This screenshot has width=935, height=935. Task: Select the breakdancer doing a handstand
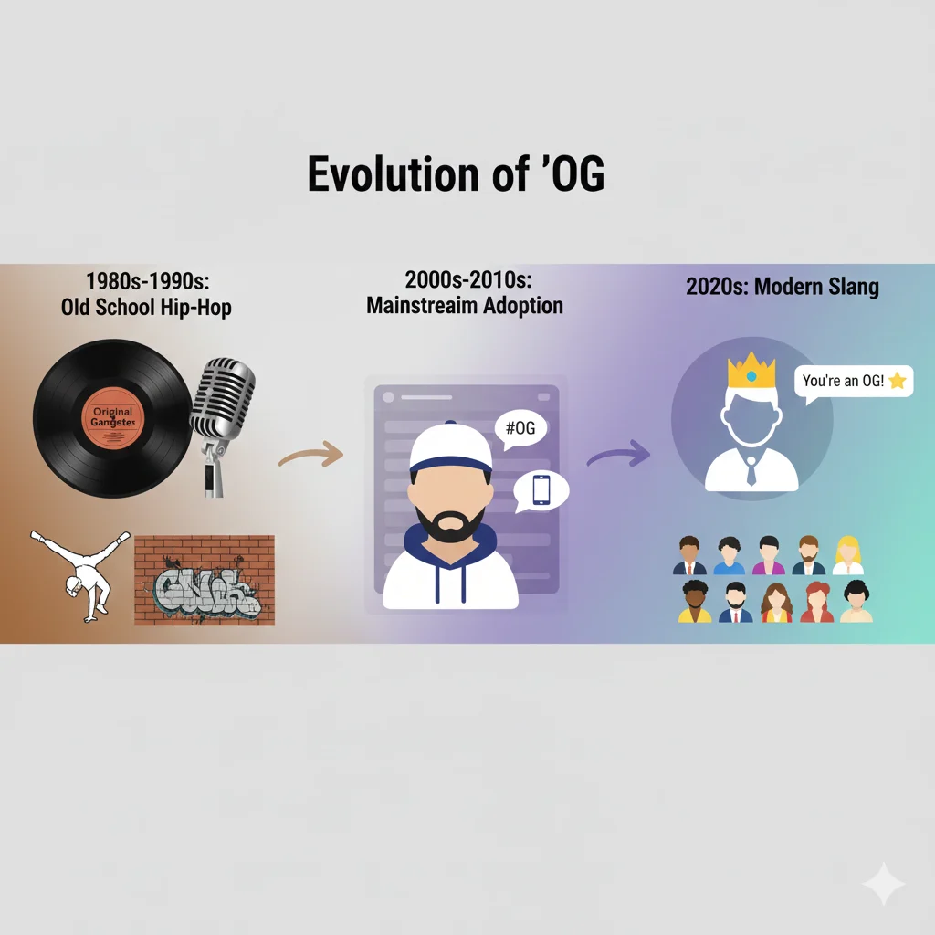coord(72,573)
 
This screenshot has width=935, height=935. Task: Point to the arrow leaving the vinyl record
coord(310,453)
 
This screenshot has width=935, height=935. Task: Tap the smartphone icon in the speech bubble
coord(541,490)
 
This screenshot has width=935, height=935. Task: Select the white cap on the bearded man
coord(450,446)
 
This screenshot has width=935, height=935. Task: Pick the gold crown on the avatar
coord(751,371)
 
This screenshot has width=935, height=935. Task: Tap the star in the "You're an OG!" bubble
coord(897,381)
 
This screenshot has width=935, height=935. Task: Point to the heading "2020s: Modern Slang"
coord(782,288)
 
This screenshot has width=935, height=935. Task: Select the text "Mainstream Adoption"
coord(465,305)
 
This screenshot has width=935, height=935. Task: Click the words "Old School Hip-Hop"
coord(146,307)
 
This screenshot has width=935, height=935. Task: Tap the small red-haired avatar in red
coord(815,602)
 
